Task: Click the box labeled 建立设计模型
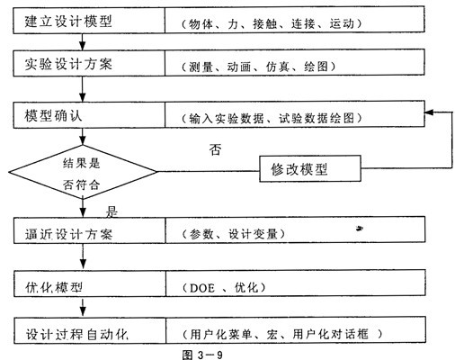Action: click(x=89, y=21)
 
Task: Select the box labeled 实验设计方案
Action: click(x=89, y=63)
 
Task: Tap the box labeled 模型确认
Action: click(x=89, y=115)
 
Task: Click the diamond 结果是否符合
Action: click(x=83, y=172)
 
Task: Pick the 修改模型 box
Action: click(x=310, y=168)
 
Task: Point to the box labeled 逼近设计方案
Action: click(x=89, y=230)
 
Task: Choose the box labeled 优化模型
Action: click(x=89, y=283)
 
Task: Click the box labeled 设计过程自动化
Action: click(x=90, y=330)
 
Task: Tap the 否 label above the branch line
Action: click(x=216, y=149)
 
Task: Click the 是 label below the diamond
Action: click(x=112, y=211)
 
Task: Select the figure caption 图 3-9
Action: click(x=202, y=355)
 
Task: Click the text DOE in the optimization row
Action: click(x=202, y=288)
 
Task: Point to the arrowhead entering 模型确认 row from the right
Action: click(x=429, y=112)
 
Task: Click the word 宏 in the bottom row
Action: click(x=272, y=334)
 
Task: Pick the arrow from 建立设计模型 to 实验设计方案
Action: click(x=83, y=41)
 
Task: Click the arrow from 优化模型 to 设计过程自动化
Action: click(x=83, y=306)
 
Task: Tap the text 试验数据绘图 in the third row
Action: click(x=317, y=118)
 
